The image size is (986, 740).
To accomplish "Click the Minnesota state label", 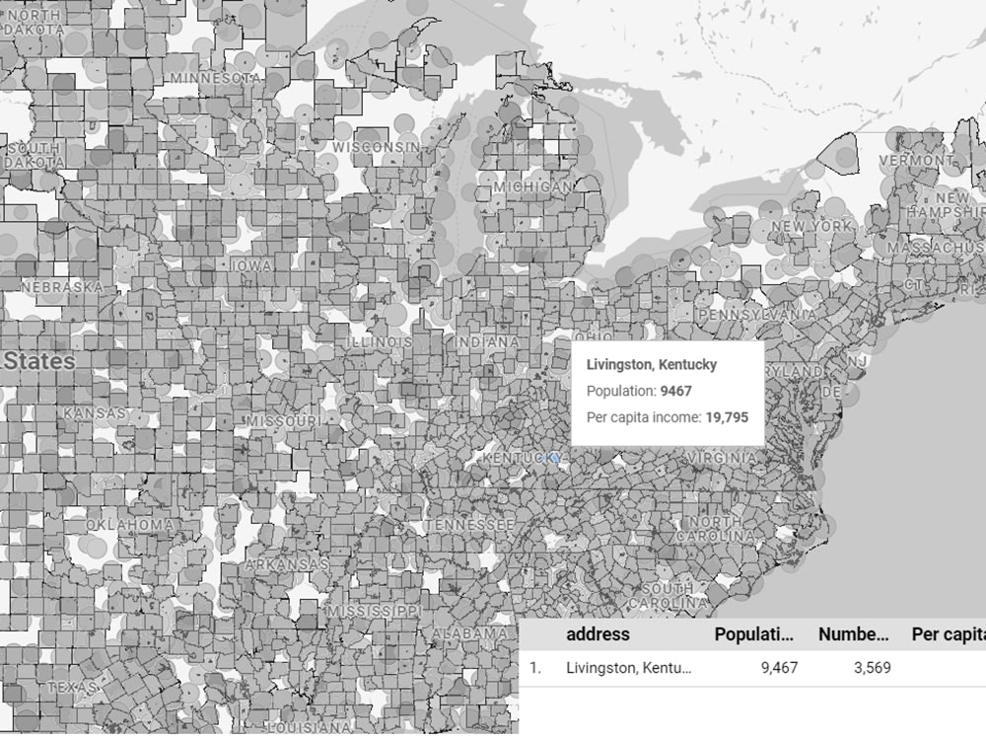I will click(x=215, y=77).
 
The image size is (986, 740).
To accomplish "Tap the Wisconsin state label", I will click(x=376, y=147).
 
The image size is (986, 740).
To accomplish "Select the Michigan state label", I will click(x=533, y=186).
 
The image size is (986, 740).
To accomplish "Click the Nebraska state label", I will click(x=61, y=286).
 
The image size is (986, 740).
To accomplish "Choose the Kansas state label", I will click(x=95, y=412).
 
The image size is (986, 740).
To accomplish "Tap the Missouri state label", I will click(x=283, y=420).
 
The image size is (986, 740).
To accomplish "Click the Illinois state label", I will click(x=380, y=341).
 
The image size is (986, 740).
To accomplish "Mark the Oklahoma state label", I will click(x=130, y=524).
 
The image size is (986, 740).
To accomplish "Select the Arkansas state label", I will click(x=287, y=564).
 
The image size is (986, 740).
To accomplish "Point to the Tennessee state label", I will click(x=469, y=525).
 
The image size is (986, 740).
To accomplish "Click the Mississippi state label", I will click(x=376, y=612).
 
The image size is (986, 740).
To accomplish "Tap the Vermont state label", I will click(x=916, y=160).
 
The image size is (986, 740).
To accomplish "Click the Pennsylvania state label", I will click(x=756, y=314).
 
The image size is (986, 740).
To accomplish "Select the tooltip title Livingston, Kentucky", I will click(x=652, y=364).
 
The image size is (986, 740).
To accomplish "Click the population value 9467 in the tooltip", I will click(x=676, y=391).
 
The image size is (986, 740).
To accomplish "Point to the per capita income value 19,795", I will click(x=727, y=417).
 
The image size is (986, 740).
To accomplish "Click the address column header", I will click(x=598, y=634).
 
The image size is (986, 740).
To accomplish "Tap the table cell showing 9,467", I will click(x=780, y=668).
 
